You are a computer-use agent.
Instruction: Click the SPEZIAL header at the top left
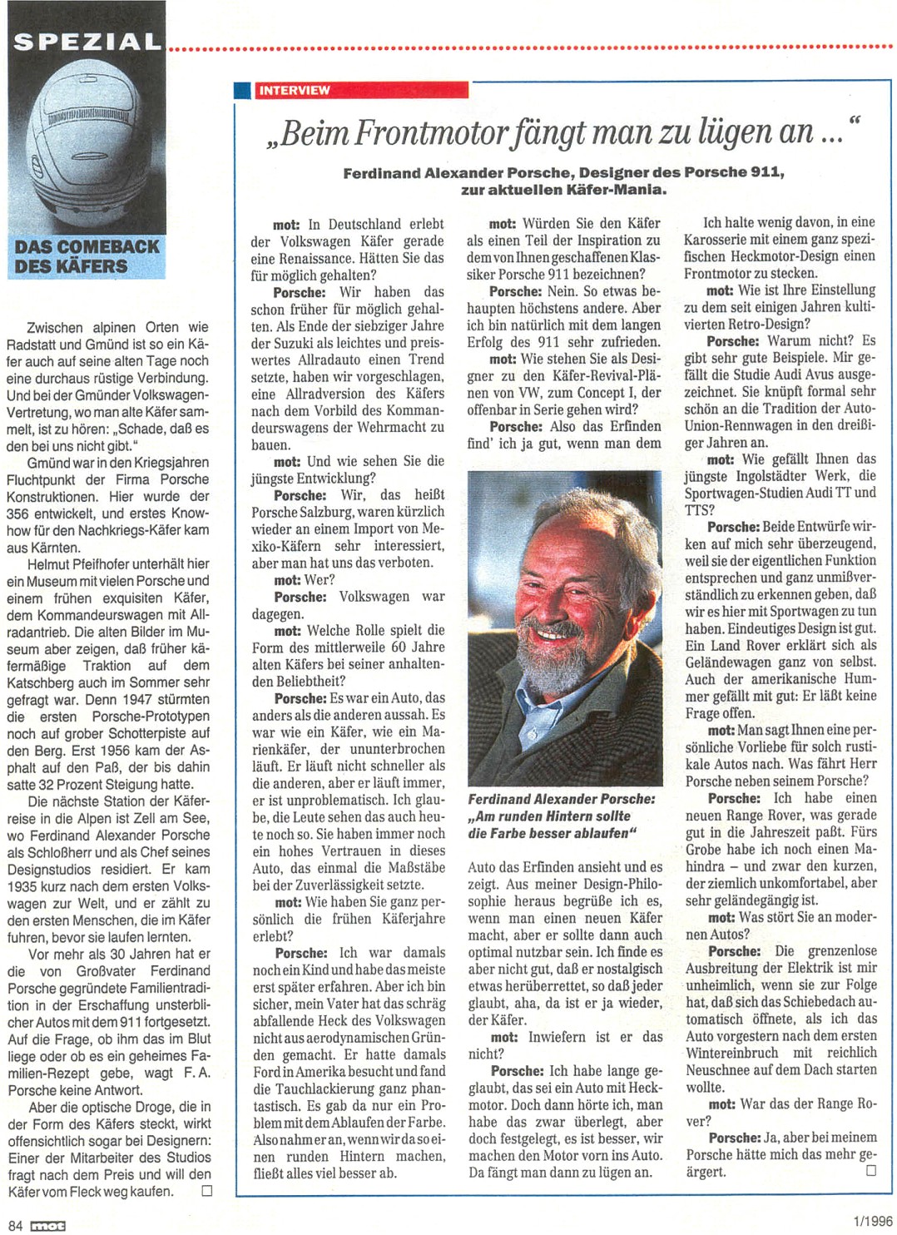[x=87, y=42]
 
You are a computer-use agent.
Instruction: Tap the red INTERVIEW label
[x=294, y=90]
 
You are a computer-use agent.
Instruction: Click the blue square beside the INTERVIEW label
[x=242, y=90]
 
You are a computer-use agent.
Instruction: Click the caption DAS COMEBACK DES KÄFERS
[x=87, y=256]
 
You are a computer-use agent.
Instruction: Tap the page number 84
[x=16, y=1225]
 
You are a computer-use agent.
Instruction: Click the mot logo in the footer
[x=47, y=1225]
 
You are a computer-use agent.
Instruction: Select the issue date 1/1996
[x=873, y=1221]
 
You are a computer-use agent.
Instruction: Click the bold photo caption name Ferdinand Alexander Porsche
[x=562, y=799]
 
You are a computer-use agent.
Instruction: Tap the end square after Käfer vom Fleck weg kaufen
[x=206, y=1191]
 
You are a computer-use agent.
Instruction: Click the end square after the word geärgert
[x=871, y=1170]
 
